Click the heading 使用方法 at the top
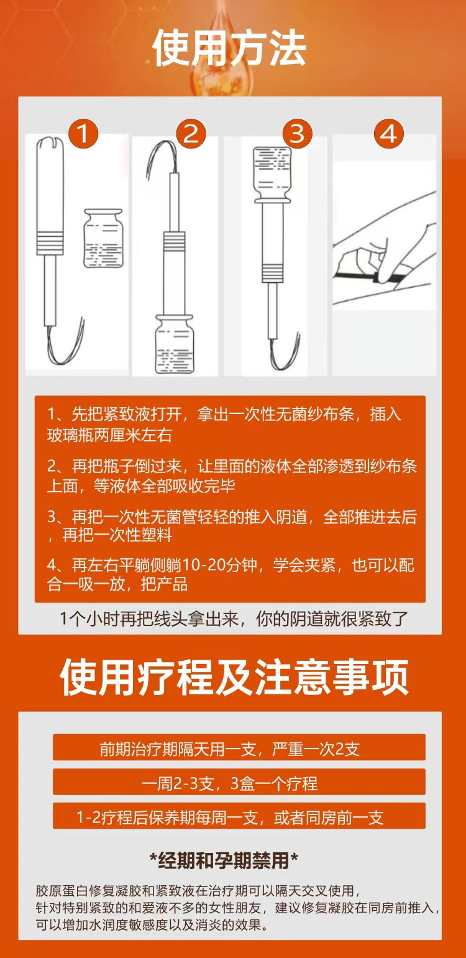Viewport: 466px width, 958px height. [x=229, y=48]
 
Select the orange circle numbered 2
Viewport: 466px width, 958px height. [x=191, y=134]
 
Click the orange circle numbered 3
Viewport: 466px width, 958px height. [x=297, y=134]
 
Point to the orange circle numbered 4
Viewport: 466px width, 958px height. [x=388, y=134]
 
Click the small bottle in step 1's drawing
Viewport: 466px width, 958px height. [x=103, y=239]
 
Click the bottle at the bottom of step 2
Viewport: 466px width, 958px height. [x=173, y=344]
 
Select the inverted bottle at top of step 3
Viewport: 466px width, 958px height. [x=272, y=175]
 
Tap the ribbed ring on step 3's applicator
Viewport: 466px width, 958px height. [x=272, y=274]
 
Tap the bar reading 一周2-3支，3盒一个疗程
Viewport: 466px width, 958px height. [x=239, y=782]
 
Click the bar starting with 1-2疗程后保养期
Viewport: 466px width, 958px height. [x=239, y=816]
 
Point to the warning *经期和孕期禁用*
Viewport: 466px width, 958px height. [x=224, y=860]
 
